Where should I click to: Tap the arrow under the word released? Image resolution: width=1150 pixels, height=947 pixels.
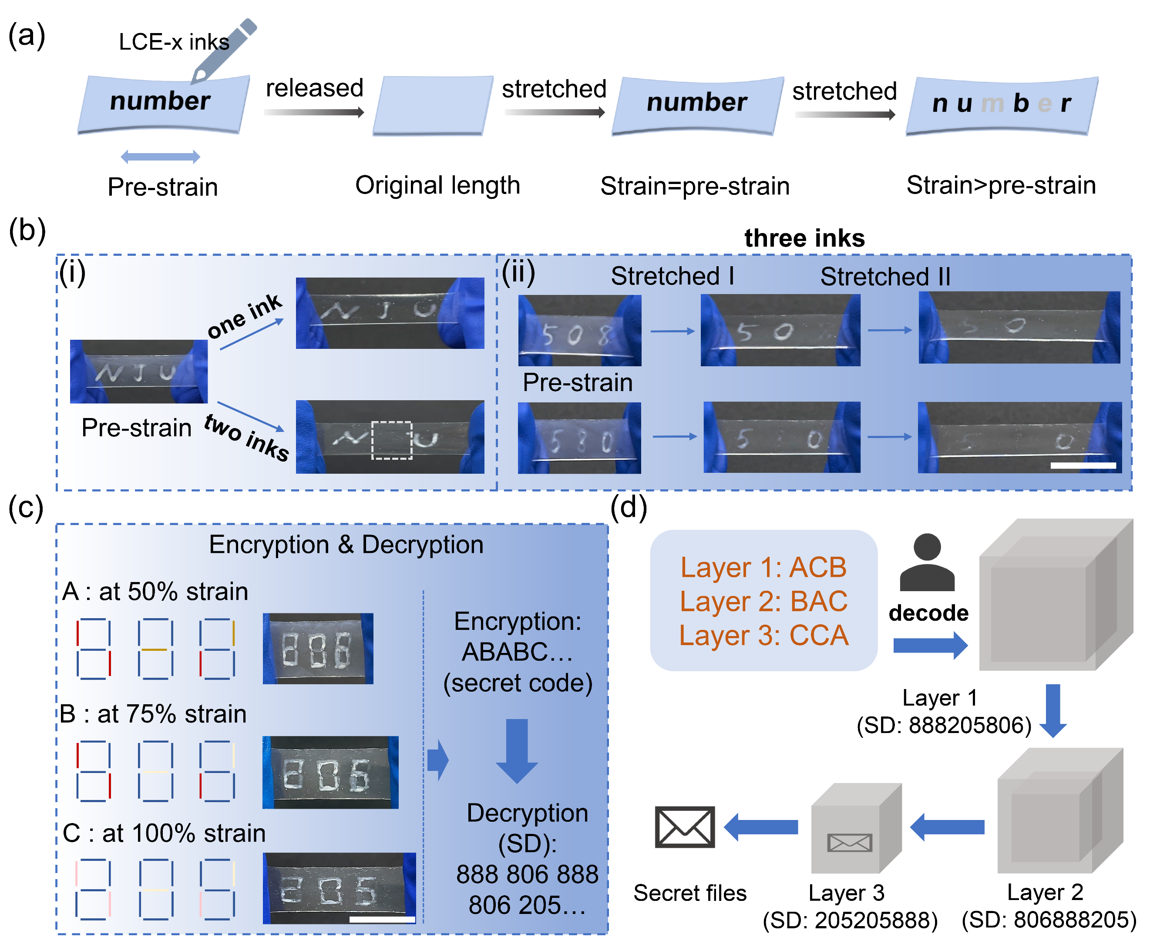314,112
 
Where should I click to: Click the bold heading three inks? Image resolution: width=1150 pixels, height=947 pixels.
804,238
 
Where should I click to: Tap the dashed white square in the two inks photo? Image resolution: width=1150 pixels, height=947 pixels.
391,440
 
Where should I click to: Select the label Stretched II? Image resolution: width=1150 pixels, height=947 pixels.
885,277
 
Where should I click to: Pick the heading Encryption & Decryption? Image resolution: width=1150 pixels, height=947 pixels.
346,545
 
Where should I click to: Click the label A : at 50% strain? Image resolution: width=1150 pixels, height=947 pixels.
155,591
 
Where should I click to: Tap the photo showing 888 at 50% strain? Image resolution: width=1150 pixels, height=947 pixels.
318,648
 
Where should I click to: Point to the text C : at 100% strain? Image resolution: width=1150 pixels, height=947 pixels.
164,833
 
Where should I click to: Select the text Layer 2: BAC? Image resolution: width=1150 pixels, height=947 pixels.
763,601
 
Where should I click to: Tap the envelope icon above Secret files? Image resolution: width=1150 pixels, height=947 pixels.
684,827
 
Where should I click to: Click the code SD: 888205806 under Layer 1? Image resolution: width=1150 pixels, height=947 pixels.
944,725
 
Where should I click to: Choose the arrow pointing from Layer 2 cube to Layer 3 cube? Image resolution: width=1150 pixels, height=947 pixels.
947,827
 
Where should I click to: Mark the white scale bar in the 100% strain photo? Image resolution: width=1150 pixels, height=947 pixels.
382,919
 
